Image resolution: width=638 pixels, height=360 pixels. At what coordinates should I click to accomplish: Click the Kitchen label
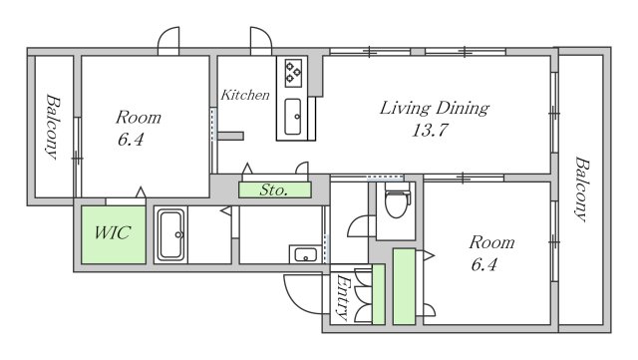[x=245, y=95]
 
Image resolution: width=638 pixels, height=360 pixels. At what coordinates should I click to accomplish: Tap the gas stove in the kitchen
[x=293, y=74]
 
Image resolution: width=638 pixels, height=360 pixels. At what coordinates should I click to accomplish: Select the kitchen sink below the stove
[x=293, y=117]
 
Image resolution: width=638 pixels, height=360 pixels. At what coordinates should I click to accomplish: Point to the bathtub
[x=170, y=234]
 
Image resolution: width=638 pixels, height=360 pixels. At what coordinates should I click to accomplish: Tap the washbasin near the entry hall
[x=305, y=254]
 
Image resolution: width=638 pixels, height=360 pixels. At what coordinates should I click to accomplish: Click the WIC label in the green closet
[x=113, y=233]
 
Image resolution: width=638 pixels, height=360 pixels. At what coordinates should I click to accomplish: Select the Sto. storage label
[x=274, y=189]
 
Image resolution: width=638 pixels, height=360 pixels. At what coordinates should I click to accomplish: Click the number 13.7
[x=430, y=131]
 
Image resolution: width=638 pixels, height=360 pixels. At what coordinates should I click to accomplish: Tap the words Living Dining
[x=435, y=108]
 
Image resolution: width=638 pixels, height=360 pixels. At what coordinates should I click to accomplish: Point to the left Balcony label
[x=53, y=127]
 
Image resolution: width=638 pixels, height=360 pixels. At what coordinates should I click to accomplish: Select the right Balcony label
[x=581, y=188]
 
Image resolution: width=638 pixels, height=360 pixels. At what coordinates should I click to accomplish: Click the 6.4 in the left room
[x=131, y=140]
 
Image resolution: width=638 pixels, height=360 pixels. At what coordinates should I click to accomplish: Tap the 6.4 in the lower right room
[x=484, y=264]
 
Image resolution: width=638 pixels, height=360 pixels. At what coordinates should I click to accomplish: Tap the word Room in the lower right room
[x=491, y=242]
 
